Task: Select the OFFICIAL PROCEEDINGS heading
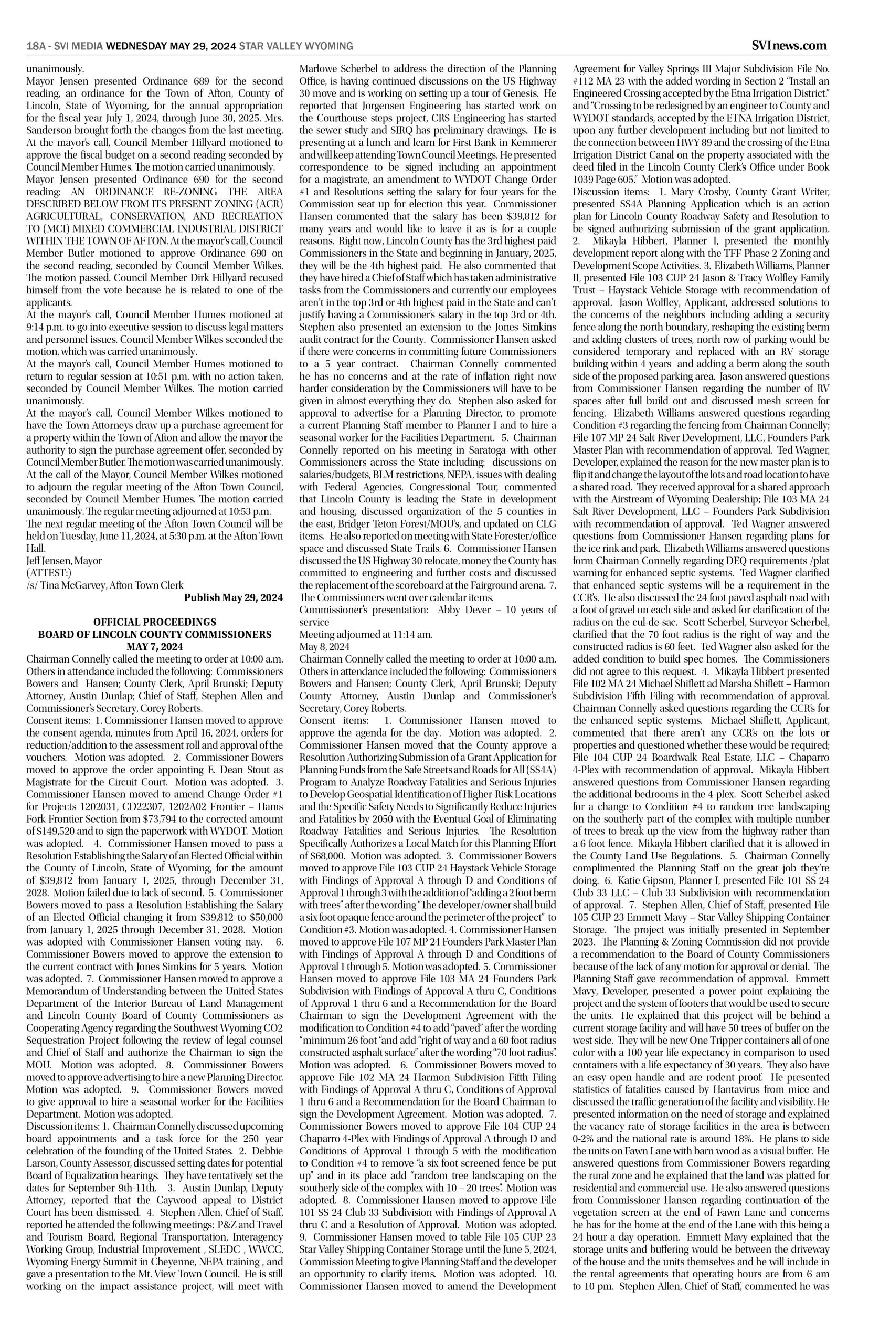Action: (x=155, y=623)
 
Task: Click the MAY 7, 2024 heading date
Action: (x=155, y=646)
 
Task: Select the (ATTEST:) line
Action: (x=49, y=573)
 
